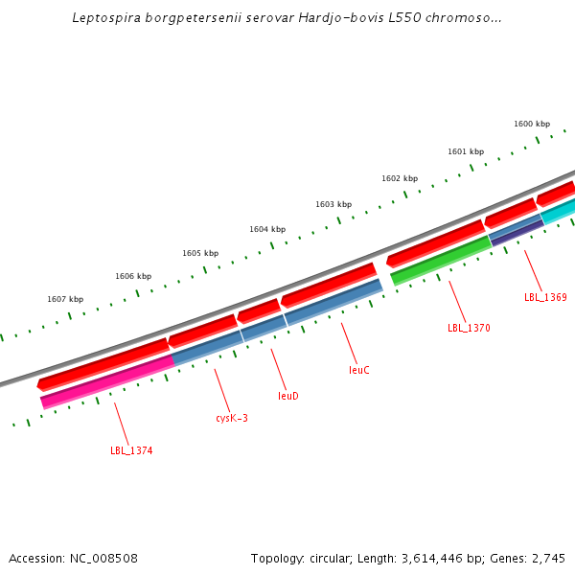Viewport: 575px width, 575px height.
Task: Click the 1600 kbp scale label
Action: coord(532,124)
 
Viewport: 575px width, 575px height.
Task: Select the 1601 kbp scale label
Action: coord(466,151)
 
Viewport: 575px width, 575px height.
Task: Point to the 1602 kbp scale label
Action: coord(400,178)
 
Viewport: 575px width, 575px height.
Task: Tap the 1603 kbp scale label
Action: coord(333,204)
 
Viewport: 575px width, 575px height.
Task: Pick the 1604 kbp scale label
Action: coord(267,229)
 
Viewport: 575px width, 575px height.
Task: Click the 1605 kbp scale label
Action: coord(200,253)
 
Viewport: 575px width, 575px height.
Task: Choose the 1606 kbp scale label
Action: coord(133,276)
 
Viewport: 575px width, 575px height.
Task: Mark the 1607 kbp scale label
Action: coord(65,299)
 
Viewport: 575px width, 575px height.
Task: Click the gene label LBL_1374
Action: coord(131,450)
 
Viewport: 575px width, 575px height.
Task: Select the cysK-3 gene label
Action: coord(232,418)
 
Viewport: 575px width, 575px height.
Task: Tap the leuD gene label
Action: coord(288,395)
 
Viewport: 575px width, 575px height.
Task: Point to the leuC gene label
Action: coord(359,369)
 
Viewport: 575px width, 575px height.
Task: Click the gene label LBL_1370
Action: coord(469,328)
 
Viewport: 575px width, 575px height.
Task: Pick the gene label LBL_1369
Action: coord(545,297)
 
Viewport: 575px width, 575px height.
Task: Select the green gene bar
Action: coord(441,261)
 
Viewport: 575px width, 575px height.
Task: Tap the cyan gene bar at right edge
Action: coord(561,211)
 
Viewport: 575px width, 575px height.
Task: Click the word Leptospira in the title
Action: coord(105,18)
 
